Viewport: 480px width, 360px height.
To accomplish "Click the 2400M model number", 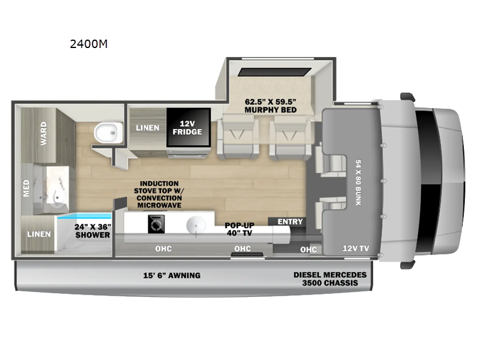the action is pos(89,44).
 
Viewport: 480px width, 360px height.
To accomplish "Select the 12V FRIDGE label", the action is pos(187,128).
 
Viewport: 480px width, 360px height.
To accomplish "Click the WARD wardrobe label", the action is pos(44,133).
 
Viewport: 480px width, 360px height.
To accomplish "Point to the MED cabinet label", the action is pos(26,188).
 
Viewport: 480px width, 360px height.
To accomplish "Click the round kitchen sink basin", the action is pos(196,226).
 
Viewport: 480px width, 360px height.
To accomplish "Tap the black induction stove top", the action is pos(156,224).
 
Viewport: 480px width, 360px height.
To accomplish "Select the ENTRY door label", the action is pos(290,221).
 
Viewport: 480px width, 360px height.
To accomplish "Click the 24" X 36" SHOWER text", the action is pos(93,231).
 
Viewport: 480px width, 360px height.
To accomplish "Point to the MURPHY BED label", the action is pos(271,106).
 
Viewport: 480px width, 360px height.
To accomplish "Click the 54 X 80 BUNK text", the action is pos(358,182).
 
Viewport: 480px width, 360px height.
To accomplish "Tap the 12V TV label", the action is pos(356,248).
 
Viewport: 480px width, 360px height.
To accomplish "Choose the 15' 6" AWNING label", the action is pos(172,275).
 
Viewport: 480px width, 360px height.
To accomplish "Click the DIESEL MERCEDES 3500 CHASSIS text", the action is pos(330,279).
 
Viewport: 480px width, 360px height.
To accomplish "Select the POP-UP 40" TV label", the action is pos(239,229).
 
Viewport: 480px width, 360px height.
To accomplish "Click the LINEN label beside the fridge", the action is pos(148,128).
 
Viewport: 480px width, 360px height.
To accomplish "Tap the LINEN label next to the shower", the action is pos(39,234).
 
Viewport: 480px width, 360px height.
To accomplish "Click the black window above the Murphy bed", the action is pos(275,72).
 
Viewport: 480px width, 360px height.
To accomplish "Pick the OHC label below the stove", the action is pos(163,248).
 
